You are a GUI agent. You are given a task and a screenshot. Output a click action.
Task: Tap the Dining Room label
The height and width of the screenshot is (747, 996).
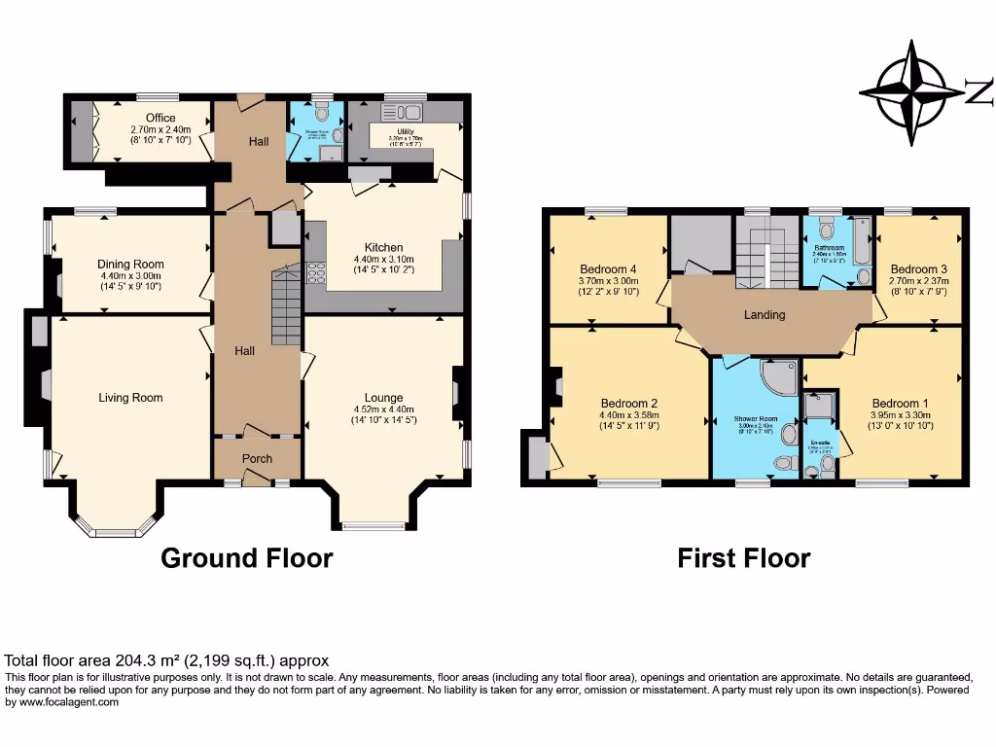click(x=130, y=264)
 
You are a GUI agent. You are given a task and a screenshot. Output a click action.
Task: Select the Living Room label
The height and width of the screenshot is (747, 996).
click(x=130, y=397)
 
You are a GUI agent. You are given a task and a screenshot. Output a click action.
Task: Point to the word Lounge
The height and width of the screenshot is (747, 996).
click(x=383, y=397)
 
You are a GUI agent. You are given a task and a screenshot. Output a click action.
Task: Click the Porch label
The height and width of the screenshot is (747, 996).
click(x=257, y=458)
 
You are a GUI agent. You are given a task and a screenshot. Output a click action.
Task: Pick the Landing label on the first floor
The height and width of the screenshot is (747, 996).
click(x=765, y=314)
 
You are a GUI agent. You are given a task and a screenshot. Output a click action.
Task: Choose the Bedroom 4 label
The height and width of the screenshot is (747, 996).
click(x=608, y=269)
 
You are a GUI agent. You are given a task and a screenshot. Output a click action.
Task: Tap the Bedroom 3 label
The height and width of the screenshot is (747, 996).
click(x=918, y=269)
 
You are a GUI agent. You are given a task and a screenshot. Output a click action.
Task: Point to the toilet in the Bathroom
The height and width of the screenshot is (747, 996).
click(x=827, y=231)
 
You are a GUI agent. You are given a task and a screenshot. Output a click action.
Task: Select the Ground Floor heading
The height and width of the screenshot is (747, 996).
click(x=246, y=558)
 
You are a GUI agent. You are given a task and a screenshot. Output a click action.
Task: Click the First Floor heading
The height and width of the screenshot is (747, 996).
click(x=743, y=558)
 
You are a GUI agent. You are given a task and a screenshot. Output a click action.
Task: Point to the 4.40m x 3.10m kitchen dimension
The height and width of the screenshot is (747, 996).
click(x=383, y=260)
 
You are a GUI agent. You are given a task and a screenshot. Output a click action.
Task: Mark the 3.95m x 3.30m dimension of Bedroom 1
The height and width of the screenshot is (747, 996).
click(x=900, y=415)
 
